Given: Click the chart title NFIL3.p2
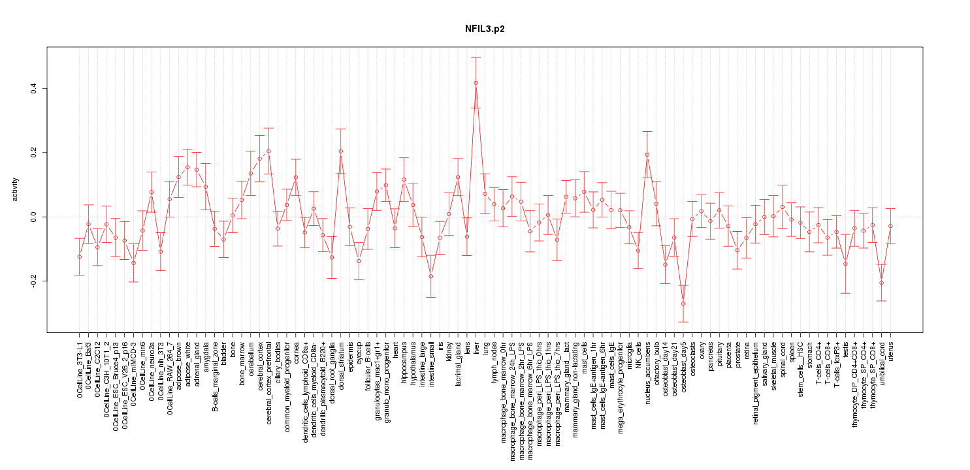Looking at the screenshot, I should [x=485, y=29].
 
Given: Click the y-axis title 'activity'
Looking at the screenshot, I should [x=16, y=189].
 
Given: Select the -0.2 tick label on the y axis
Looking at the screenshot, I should [x=34, y=281].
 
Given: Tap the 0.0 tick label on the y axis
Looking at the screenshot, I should [x=34, y=217].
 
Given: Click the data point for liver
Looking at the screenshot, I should [x=476, y=83].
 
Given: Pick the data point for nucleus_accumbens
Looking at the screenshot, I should [x=647, y=155].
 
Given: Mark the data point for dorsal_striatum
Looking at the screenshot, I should [x=340, y=151].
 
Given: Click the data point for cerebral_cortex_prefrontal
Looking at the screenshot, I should [x=268, y=151].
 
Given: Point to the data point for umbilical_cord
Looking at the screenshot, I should [x=881, y=283].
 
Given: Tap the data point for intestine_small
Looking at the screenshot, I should [x=430, y=276].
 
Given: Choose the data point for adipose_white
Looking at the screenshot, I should [x=187, y=167].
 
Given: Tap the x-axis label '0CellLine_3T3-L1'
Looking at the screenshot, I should [x=80, y=368].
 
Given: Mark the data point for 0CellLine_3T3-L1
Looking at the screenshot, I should [x=79, y=257].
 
